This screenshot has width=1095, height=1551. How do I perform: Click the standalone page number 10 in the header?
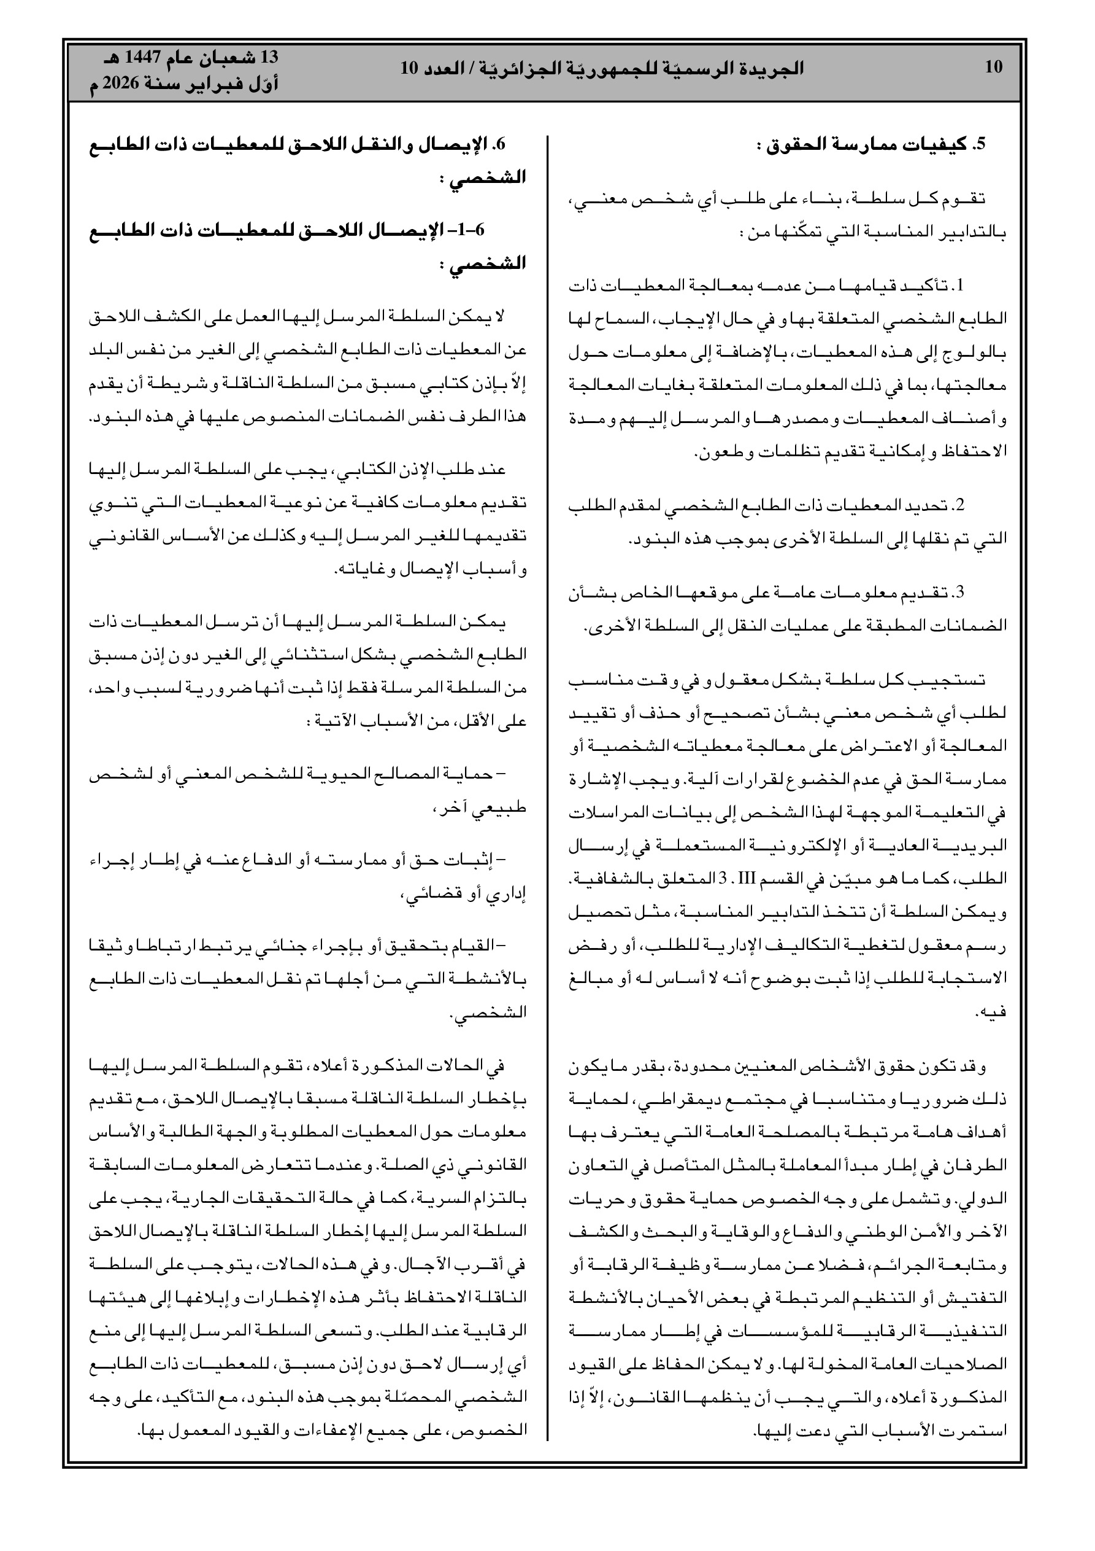click(993, 67)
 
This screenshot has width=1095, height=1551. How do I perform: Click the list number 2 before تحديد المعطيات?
click(960, 505)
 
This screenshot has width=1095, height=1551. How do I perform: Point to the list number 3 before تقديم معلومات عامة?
click(960, 593)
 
